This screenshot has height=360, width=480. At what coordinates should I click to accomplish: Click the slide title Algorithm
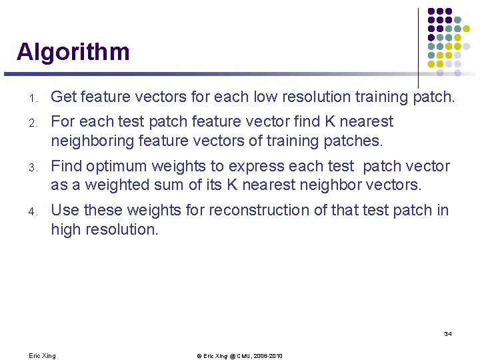tap(73, 52)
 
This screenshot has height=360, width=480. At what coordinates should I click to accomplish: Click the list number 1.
tap(32, 99)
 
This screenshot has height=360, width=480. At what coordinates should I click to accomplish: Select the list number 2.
tap(32, 123)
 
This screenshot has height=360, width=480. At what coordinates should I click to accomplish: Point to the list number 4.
tap(32, 212)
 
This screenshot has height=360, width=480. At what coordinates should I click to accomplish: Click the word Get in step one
tap(63, 97)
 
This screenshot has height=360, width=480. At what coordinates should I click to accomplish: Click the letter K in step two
tap(331, 122)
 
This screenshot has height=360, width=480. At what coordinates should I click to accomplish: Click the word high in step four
tap(65, 229)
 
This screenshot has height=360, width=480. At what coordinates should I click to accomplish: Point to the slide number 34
tap(447, 333)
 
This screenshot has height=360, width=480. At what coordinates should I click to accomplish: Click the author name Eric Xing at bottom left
tap(43, 356)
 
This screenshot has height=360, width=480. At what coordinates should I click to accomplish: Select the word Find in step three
tap(66, 167)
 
